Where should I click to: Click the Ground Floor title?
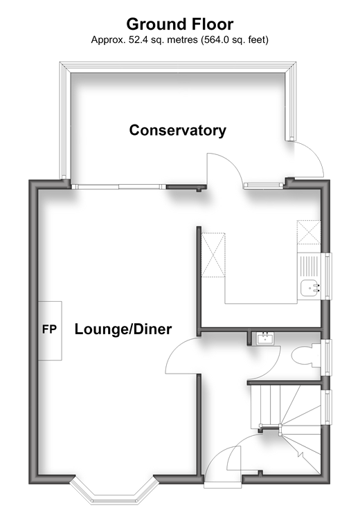(x=180, y=24)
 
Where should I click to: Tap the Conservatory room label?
(x=178, y=130)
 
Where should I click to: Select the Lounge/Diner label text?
(x=123, y=329)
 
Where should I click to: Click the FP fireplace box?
(x=50, y=331)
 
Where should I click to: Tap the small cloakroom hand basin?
(x=264, y=338)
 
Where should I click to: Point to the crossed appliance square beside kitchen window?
(x=309, y=233)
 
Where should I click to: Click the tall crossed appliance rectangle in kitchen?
(x=213, y=255)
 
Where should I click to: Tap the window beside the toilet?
(x=327, y=358)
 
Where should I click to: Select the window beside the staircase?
(x=327, y=407)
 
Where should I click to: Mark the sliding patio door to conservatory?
(x=119, y=187)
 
